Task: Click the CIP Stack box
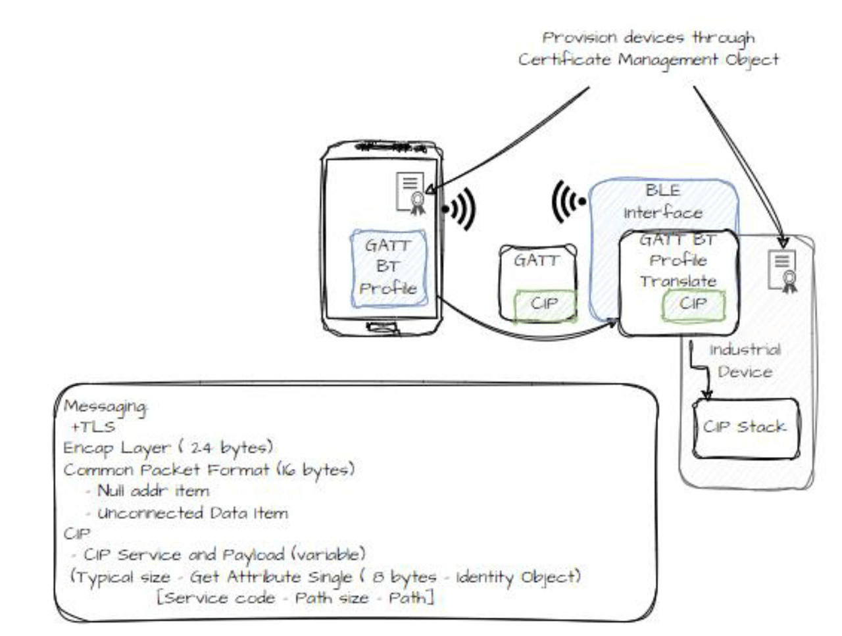(x=746, y=428)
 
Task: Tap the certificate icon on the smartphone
(x=411, y=193)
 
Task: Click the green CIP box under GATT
(x=545, y=305)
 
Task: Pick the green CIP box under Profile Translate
(x=693, y=305)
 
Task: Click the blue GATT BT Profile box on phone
(x=388, y=268)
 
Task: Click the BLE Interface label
(x=663, y=201)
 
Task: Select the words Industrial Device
(x=745, y=360)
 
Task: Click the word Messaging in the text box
(x=105, y=406)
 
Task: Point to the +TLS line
(x=93, y=427)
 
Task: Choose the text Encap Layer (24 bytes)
(x=168, y=448)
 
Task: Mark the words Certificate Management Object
(x=648, y=60)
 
